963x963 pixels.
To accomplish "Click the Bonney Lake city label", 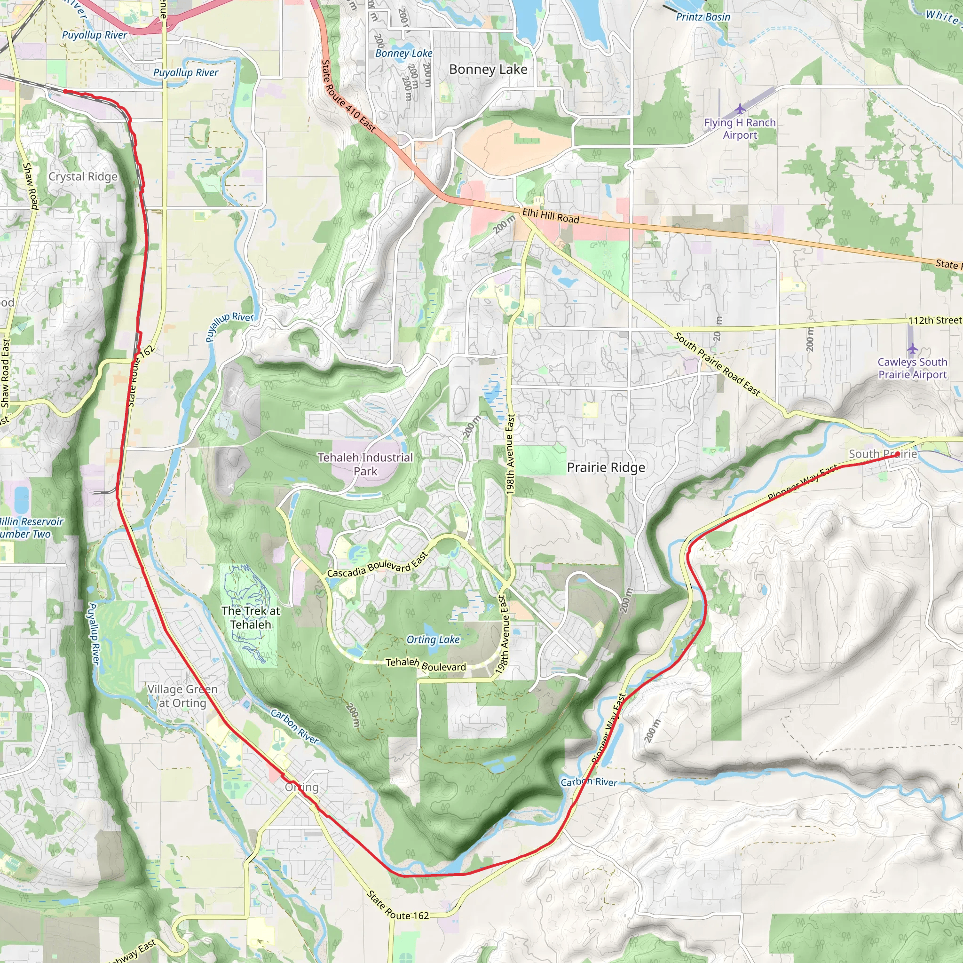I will [488, 69].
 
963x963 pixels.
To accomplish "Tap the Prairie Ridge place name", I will [606, 467].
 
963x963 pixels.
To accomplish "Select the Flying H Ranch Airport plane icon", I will [740, 108].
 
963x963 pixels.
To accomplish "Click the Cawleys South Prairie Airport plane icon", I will [912, 348].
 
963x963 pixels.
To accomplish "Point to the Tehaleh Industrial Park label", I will [365, 464].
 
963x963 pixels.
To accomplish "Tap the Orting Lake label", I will [433, 639].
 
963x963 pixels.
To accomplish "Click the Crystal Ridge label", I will [83, 176].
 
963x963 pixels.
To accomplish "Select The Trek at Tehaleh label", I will [251, 617].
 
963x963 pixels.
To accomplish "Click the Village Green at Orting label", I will [182, 696].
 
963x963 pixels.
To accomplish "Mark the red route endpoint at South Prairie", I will [897, 454].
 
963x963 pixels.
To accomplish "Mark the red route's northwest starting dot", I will [65, 91].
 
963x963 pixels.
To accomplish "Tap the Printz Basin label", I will [703, 17].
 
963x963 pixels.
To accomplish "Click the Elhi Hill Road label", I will [551, 216].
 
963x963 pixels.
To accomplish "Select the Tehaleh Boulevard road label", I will [426, 664].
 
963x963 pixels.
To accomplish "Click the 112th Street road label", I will [935, 320].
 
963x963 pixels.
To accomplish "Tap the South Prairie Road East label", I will [717, 364].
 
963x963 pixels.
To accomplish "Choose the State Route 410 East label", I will [348, 96].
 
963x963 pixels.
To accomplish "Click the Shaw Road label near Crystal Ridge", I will [31, 185].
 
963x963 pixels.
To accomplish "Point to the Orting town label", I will [301, 787].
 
